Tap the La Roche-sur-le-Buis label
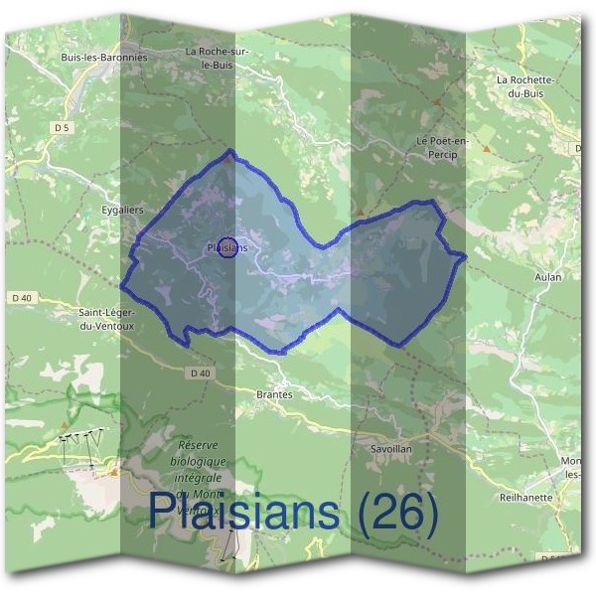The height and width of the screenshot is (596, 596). click(x=217, y=58)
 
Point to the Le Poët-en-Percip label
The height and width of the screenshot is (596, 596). click(x=437, y=148)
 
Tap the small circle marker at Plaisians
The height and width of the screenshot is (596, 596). click(x=227, y=247)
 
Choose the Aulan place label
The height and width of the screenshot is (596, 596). click(x=547, y=277)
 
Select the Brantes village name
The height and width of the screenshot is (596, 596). click(x=274, y=394)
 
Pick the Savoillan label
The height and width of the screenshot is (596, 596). click(x=391, y=449)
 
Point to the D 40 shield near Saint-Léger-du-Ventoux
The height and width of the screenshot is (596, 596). click(x=23, y=298)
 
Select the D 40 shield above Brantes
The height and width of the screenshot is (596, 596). click(x=200, y=373)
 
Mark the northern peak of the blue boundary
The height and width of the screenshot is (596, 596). click(x=230, y=151)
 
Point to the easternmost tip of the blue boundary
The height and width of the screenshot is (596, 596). click(x=465, y=257)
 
